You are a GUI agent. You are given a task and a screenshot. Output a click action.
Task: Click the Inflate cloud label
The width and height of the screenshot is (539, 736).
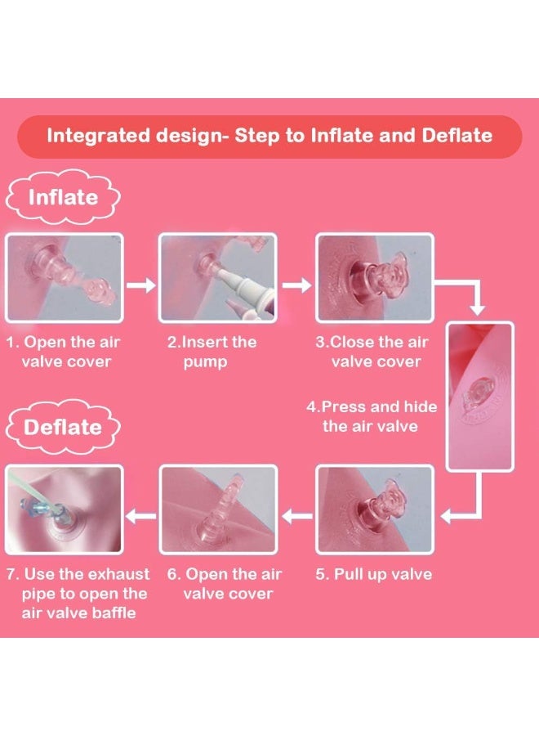(63, 198)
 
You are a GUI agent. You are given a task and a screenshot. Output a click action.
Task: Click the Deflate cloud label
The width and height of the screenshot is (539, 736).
(63, 427)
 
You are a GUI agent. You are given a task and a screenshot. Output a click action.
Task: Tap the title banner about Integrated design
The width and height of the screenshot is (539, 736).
(269, 136)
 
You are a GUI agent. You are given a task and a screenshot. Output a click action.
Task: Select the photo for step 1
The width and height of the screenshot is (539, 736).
(65, 278)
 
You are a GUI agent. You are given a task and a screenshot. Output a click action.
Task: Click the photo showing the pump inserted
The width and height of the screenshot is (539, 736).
(218, 278)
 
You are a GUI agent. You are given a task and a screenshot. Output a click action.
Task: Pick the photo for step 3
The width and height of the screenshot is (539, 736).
(375, 278)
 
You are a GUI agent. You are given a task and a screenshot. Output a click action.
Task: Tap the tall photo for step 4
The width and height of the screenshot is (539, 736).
(480, 397)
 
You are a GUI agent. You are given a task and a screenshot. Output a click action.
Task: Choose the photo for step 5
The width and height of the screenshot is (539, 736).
(375, 509)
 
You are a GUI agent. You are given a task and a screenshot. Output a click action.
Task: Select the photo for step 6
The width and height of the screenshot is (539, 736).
(218, 509)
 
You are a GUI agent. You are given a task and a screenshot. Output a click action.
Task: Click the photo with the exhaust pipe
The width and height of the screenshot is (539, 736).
(65, 509)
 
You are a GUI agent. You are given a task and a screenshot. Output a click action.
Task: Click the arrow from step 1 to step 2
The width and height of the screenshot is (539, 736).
(141, 285)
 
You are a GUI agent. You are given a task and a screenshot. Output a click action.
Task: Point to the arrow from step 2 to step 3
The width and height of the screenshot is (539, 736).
(296, 285)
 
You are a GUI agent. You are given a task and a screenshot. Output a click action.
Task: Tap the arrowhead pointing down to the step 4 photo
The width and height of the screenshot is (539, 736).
(477, 310)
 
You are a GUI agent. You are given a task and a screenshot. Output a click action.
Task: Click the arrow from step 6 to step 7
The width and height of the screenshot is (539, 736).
(141, 517)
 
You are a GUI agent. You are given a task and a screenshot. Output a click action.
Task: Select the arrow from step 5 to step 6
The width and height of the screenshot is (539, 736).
(296, 517)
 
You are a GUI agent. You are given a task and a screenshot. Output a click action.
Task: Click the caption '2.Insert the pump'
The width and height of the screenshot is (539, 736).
(212, 352)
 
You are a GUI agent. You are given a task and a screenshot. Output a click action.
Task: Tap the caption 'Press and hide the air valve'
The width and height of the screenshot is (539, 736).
(372, 416)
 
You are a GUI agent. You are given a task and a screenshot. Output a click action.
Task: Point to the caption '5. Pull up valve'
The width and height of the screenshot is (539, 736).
(373, 574)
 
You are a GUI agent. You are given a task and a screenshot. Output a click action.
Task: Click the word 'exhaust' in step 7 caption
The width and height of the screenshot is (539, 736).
(119, 574)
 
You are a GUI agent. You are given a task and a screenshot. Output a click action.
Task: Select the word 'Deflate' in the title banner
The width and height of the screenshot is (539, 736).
(457, 136)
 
